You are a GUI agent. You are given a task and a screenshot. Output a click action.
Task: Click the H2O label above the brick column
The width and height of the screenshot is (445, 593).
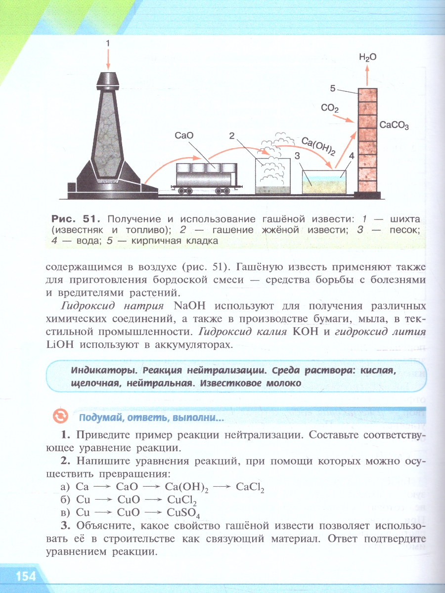[x=367, y=57]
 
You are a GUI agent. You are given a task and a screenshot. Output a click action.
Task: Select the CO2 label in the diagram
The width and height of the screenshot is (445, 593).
[x=329, y=108]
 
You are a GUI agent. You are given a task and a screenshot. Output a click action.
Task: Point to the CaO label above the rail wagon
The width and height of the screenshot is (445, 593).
[x=183, y=135]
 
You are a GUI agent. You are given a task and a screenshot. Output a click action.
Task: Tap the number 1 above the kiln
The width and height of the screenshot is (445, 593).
[x=107, y=43]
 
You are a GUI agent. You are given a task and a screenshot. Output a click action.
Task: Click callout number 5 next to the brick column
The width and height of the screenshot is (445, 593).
[x=333, y=88]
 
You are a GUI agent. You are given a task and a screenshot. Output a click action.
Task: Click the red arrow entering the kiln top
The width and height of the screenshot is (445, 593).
[x=107, y=61]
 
